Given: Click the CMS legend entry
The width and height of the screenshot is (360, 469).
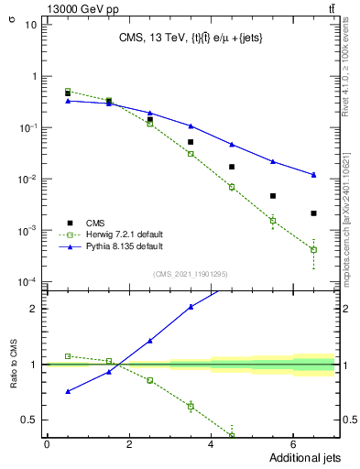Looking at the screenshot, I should click(x=96, y=222).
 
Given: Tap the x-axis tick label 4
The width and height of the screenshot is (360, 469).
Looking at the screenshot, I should click(x=211, y=444).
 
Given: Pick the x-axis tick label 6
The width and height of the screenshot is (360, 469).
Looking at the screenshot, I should click(x=293, y=444).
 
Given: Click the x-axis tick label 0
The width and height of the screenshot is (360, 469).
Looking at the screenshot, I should click(x=47, y=444).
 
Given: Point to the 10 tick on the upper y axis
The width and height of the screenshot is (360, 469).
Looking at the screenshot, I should click(x=30, y=24).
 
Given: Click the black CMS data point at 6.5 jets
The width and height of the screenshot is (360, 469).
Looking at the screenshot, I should click(x=313, y=213).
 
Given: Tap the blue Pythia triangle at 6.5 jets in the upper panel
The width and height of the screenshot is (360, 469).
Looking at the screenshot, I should click(x=313, y=174).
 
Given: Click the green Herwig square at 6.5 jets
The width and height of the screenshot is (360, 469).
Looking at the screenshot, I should click(x=313, y=249).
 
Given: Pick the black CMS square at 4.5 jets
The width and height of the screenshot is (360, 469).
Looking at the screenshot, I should click(x=232, y=167).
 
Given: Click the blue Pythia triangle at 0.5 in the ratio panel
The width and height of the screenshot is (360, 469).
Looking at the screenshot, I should click(x=68, y=391).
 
